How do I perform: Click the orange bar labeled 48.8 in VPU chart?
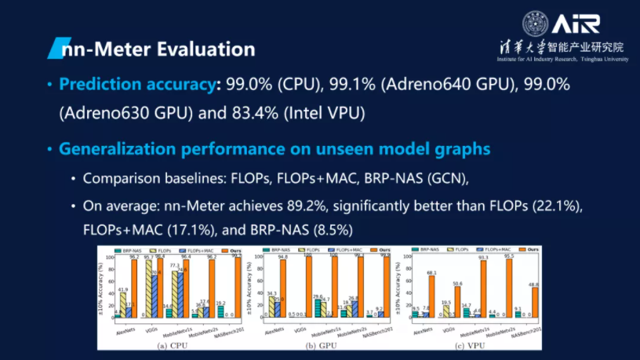(x=535, y=302)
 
